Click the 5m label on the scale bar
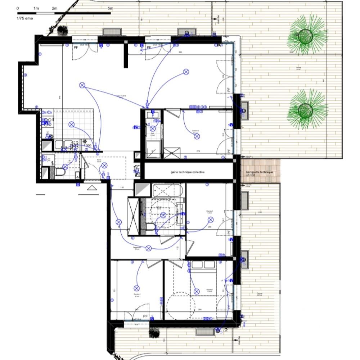coord(110,8)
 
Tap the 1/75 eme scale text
coord(24,18)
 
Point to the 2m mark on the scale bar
coord(55,8)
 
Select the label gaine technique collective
coord(188,172)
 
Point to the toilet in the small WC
coord(60,173)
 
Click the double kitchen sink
coord(64,145)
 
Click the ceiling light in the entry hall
coord(104,165)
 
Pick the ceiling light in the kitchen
coord(72,125)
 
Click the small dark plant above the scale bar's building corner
coord(63,31)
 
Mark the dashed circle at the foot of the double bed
coord(178,305)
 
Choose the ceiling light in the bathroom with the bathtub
coord(163,215)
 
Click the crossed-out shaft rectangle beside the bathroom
coord(133,216)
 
